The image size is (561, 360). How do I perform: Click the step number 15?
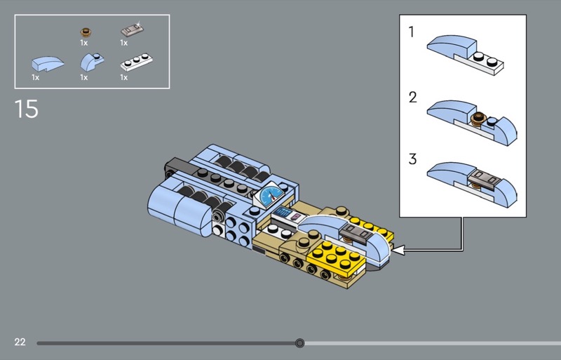27,109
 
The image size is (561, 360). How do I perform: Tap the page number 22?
20,342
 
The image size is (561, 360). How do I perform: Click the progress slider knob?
300,343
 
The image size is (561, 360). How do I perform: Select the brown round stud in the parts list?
85,31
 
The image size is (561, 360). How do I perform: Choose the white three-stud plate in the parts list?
136,62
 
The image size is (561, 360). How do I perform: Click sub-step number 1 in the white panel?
412,32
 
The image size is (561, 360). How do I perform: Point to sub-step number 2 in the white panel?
412,97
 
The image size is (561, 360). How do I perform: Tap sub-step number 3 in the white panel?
412,159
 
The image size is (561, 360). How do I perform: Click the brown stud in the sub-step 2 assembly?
479,118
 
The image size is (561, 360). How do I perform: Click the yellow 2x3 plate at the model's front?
334,254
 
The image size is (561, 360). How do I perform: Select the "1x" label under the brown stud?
84,44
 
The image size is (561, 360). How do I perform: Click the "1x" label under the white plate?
124,77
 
